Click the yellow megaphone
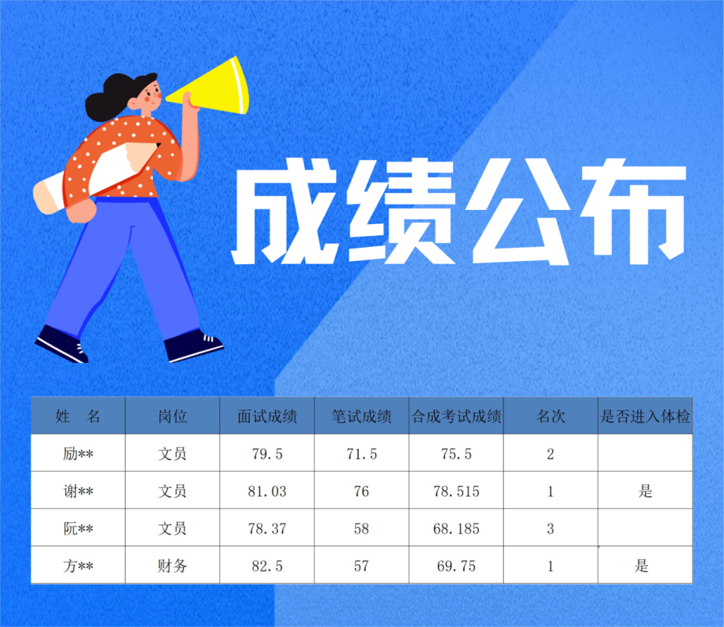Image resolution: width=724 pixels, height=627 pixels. click(213, 88)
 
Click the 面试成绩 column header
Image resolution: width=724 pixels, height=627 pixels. click(267, 416)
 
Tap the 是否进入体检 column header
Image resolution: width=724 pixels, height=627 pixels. click(645, 416)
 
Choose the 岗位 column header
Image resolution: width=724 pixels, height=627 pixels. click(172, 416)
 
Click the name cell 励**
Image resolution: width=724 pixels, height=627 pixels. click(78, 454)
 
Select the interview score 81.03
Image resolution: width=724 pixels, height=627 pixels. click(267, 491)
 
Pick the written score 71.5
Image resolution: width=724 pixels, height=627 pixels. click(361, 454)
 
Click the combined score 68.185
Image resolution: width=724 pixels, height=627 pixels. click(457, 528)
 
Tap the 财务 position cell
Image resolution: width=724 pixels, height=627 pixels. click(172, 565)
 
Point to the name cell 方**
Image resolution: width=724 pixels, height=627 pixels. click(78, 565)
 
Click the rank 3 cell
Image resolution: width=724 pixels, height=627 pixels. click(550, 528)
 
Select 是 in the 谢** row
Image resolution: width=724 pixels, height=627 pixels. click(645, 491)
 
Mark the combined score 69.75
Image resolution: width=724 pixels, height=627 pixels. click(457, 566)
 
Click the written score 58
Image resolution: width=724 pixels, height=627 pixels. click(361, 528)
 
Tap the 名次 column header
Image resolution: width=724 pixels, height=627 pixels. click(550, 416)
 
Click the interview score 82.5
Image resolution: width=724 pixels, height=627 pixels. click(267, 566)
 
